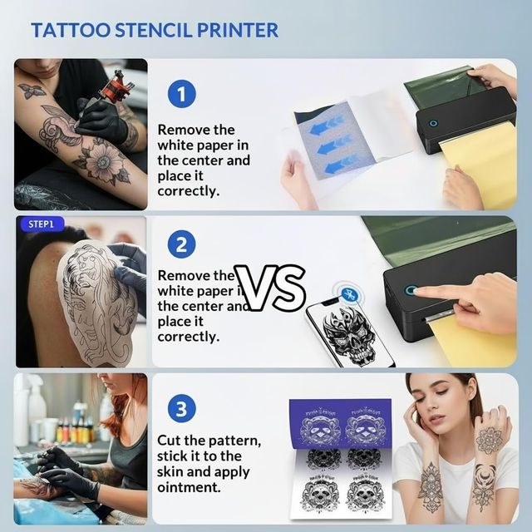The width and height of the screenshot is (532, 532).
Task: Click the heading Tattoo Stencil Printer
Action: tap(155, 31)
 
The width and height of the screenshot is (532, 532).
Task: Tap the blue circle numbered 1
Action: tap(181, 92)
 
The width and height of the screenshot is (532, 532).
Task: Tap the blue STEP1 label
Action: tap(41, 224)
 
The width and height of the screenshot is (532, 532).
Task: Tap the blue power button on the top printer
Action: tap(432, 123)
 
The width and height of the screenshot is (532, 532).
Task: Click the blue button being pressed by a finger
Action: tap(411, 291)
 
